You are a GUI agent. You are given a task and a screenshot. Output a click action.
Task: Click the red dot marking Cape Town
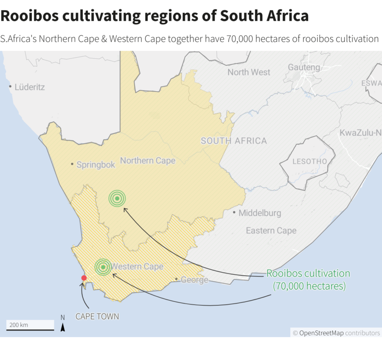coord(84,278)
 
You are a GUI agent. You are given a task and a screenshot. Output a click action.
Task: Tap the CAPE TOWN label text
coord(97,316)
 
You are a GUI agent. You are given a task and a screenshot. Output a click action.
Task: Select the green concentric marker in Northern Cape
coord(117,198)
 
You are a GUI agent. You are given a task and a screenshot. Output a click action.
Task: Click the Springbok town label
coord(95,165)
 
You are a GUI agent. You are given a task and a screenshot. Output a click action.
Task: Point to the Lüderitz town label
coord(29,87)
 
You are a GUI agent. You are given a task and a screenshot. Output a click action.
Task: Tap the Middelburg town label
coord(259,213)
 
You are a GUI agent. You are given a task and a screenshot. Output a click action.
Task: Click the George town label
coord(194,280)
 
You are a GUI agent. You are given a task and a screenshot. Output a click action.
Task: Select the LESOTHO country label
coord(310,162)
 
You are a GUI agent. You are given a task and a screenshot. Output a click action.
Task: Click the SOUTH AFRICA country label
coord(234,141)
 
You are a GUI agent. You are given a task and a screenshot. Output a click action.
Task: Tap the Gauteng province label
coord(304,67)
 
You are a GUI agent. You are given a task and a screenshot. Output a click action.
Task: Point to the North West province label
coord(249,72)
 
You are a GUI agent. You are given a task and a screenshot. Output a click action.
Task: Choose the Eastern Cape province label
coord(271,231)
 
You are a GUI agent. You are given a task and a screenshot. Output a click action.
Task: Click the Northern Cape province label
coord(148,161)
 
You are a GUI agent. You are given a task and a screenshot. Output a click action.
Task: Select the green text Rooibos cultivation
coord(308,273)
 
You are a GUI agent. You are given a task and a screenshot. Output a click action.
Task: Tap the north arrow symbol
coord(63,327)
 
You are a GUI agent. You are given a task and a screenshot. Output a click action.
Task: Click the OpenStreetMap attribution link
coord(321,333)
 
